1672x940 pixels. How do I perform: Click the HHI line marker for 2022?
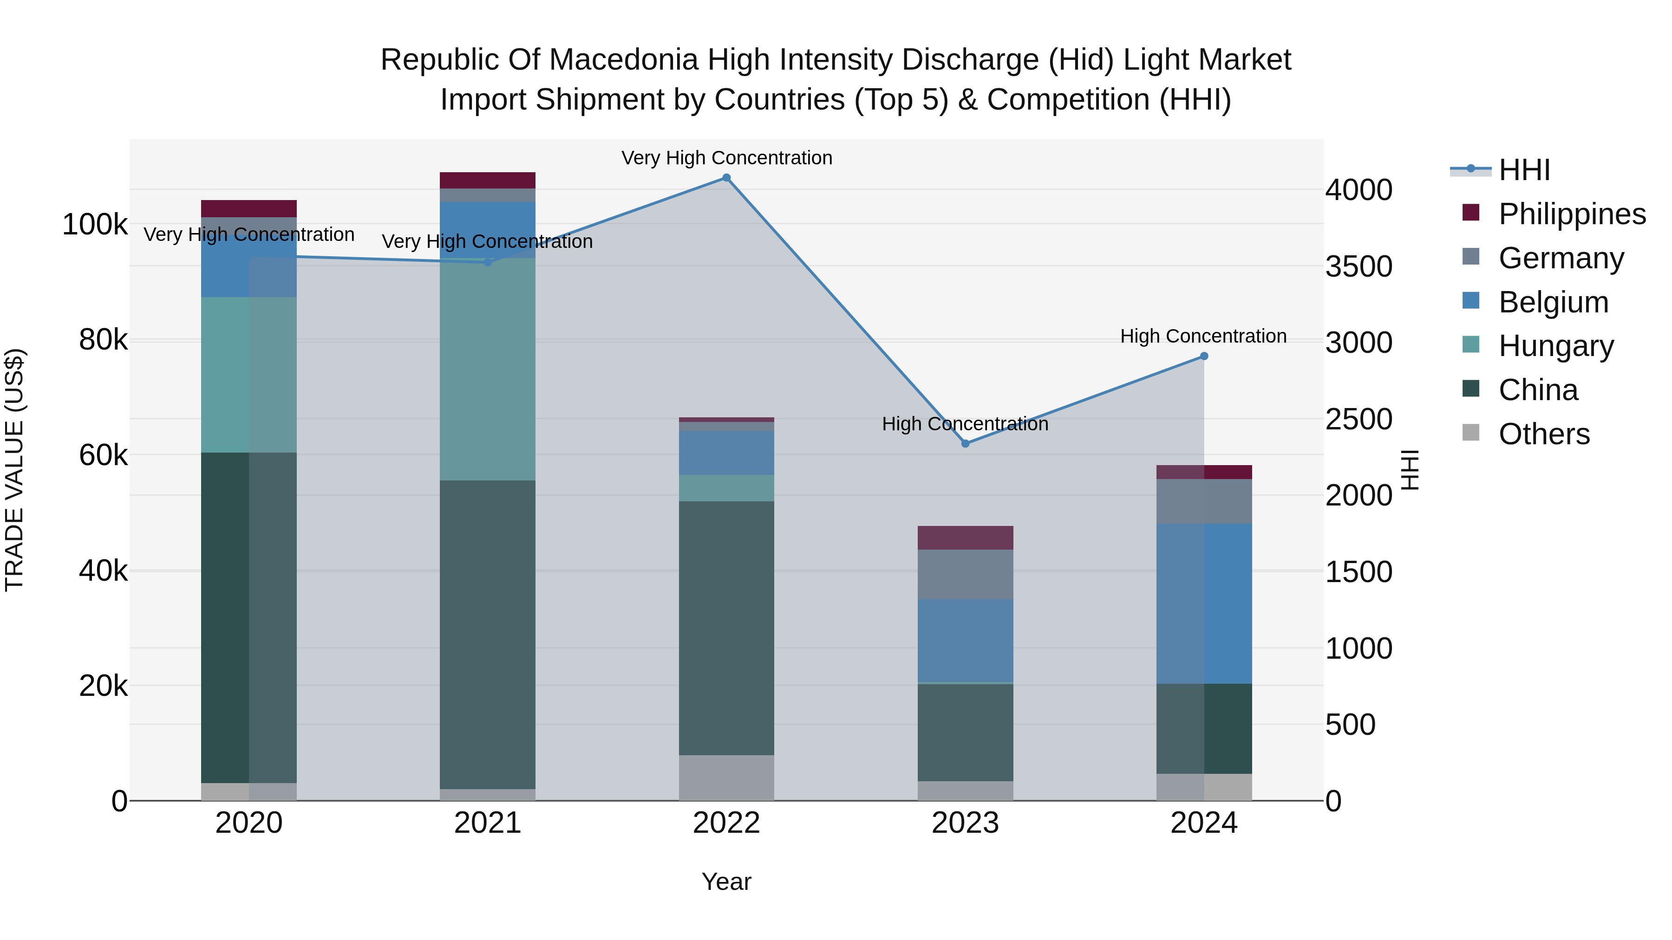pyautogui.click(x=726, y=178)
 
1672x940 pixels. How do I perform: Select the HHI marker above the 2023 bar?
pyautogui.click(x=965, y=444)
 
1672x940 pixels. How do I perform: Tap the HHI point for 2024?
pyautogui.click(x=1204, y=356)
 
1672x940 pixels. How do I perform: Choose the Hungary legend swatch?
pyautogui.click(x=1471, y=345)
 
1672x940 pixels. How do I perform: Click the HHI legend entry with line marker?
pyautogui.click(x=1471, y=169)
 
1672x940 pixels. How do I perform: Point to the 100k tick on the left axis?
pyautogui.click(x=95, y=225)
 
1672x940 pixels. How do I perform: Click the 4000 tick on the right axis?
pyautogui.click(x=1358, y=190)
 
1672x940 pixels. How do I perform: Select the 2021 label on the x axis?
pyautogui.click(x=488, y=823)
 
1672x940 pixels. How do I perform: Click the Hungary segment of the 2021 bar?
pyautogui.click(x=488, y=369)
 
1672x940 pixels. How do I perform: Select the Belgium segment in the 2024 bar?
pyautogui.click(x=1204, y=603)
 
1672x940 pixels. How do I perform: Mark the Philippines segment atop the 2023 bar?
pyautogui.click(x=965, y=538)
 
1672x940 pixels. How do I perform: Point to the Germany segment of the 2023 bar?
pyautogui.click(x=965, y=574)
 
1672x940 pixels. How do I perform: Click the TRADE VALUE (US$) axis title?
pyautogui.click(x=14, y=470)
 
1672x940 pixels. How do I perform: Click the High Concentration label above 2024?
pyautogui.click(x=1203, y=336)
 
